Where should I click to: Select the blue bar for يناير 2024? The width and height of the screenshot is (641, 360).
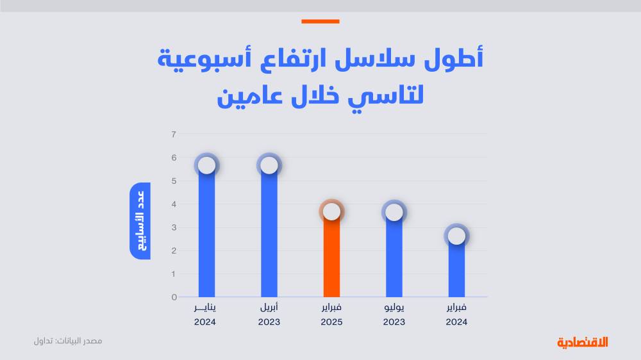(206, 237)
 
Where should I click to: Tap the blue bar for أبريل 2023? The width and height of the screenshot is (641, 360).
(269, 237)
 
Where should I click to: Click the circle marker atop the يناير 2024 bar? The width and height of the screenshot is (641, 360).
(206, 165)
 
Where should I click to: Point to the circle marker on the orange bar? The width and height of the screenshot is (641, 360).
(331, 211)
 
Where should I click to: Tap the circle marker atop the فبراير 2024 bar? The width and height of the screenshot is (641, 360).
(456, 236)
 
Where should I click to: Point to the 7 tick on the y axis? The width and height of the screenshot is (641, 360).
(174, 135)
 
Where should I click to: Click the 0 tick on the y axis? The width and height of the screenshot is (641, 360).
(174, 297)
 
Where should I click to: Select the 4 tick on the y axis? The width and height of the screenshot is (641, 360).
(174, 204)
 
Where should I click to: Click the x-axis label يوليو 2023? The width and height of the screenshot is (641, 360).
(394, 315)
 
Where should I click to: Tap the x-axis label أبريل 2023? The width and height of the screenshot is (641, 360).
(269, 315)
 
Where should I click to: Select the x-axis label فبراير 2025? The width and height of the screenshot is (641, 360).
(331, 315)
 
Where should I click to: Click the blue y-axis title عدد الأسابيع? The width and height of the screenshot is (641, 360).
(140, 221)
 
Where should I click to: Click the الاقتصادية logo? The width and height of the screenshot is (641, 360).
(582, 342)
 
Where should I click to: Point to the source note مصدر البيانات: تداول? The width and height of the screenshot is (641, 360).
(68, 341)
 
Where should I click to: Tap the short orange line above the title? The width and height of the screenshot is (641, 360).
(320, 22)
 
